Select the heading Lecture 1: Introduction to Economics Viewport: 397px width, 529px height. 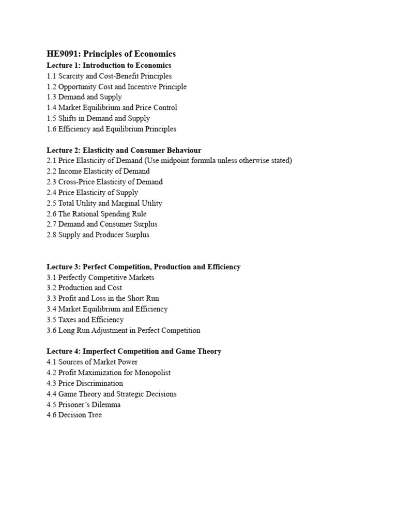tap(109, 66)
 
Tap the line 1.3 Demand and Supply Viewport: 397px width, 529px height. tap(84, 97)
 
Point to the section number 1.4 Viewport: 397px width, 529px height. tap(51, 108)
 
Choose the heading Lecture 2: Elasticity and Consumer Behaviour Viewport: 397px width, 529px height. tap(124, 150)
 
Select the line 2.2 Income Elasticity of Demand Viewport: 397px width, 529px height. tap(98, 172)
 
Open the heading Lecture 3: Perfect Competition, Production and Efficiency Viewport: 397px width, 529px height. tap(143, 267)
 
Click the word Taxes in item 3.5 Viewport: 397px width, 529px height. tap(68, 320)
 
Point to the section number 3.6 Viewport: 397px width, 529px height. tap(51, 331)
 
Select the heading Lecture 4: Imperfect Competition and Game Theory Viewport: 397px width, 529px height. tap(134, 351)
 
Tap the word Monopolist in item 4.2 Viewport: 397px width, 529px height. tap(151, 373)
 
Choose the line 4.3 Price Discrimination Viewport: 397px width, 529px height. tap(85, 383)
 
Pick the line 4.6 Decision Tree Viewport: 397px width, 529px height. tap(74, 415)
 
